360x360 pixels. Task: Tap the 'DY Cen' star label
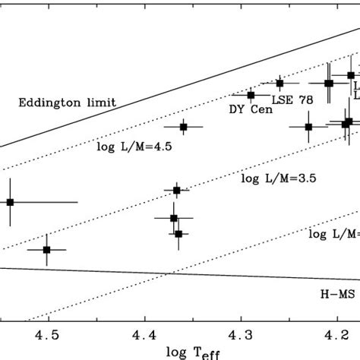click(248, 108)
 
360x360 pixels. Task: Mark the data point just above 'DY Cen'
click(251, 94)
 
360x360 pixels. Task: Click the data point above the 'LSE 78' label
click(279, 83)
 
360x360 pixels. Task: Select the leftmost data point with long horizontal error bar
click(11, 202)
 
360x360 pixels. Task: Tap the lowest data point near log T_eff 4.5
click(47, 249)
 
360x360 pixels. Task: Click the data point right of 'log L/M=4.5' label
click(183, 127)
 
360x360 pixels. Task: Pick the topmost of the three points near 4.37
click(177, 190)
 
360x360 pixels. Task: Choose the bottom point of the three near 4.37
click(178, 234)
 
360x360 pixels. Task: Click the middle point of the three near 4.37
click(174, 218)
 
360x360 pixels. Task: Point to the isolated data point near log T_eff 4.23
click(308, 127)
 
